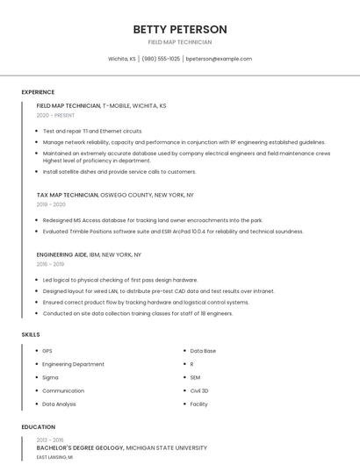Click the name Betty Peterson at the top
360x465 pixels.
click(179, 29)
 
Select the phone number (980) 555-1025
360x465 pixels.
click(161, 59)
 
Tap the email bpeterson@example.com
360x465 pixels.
click(219, 59)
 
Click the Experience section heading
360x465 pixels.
click(38, 92)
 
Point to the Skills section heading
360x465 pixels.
click(31, 334)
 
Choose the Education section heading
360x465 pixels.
click(38, 427)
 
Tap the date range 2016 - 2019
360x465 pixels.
click(50, 263)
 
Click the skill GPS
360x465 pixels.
click(47, 351)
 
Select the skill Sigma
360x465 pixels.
click(50, 377)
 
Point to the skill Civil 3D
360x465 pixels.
click(199, 390)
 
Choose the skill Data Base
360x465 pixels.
click(203, 351)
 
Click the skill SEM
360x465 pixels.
click(195, 377)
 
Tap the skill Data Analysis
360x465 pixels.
click(60, 404)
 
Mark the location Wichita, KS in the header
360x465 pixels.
click(122, 59)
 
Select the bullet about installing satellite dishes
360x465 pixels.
click(119, 172)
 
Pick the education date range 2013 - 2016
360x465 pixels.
click(50, 440)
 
